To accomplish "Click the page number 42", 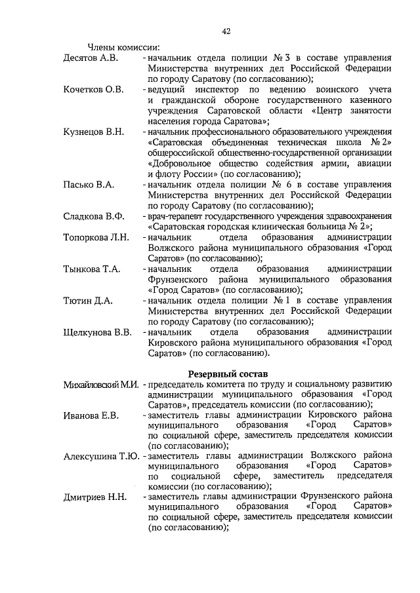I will [x=226, y=31].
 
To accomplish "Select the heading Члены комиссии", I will [x=124, y=47].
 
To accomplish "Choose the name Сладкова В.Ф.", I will [x=93, y=216].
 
